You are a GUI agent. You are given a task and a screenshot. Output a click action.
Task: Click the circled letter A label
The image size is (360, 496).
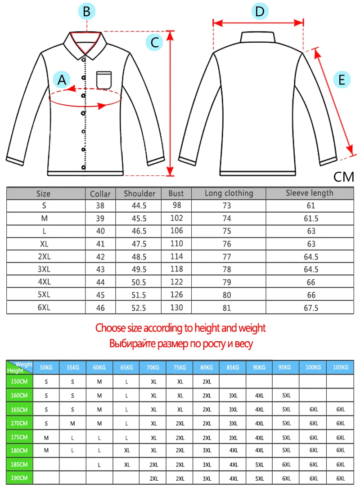(x=62, y=80)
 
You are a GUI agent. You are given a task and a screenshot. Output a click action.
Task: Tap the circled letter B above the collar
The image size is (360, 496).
(x=87, y=12)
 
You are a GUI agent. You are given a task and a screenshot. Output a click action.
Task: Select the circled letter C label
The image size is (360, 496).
(x=154, y=43)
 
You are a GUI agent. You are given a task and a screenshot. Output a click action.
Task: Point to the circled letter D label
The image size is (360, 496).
(x=260, y=12)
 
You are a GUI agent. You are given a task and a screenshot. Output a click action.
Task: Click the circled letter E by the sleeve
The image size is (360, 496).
(x=342, y=80)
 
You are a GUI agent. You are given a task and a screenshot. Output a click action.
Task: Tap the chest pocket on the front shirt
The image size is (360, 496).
(x=104, y=80)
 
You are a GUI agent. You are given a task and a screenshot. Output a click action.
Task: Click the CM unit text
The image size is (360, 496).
(x=344, y=177)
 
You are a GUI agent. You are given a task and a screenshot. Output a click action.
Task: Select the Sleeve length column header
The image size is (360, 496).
(x=310, y=193)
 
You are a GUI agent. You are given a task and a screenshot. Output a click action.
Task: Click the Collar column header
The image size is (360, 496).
(x=100, y=194)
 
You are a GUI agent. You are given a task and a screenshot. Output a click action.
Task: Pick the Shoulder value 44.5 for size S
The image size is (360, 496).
(x=138, y=206)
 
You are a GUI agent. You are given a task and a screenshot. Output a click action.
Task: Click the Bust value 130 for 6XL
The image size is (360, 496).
(x=176, y=308)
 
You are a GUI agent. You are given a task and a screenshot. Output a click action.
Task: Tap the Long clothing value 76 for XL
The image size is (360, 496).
(x=227, y=244)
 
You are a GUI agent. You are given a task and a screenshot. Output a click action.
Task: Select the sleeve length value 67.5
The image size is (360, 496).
(x=310, y=308)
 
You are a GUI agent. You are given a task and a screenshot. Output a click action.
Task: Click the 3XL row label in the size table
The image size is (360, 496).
(x=43, y=270)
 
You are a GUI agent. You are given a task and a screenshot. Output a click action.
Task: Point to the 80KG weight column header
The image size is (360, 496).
(x=207, y=367)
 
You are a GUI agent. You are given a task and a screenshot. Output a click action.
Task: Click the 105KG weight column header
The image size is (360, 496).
(x=340, y=367)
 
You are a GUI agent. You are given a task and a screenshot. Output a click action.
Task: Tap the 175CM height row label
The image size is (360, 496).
(x=19, y=437)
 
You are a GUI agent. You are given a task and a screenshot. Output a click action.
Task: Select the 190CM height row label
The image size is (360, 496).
(x=19, y=478)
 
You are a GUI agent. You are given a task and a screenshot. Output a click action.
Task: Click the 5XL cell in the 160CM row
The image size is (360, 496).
(x=287, y=396)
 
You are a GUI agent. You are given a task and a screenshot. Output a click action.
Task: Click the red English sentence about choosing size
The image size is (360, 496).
(x=180, y=328)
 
